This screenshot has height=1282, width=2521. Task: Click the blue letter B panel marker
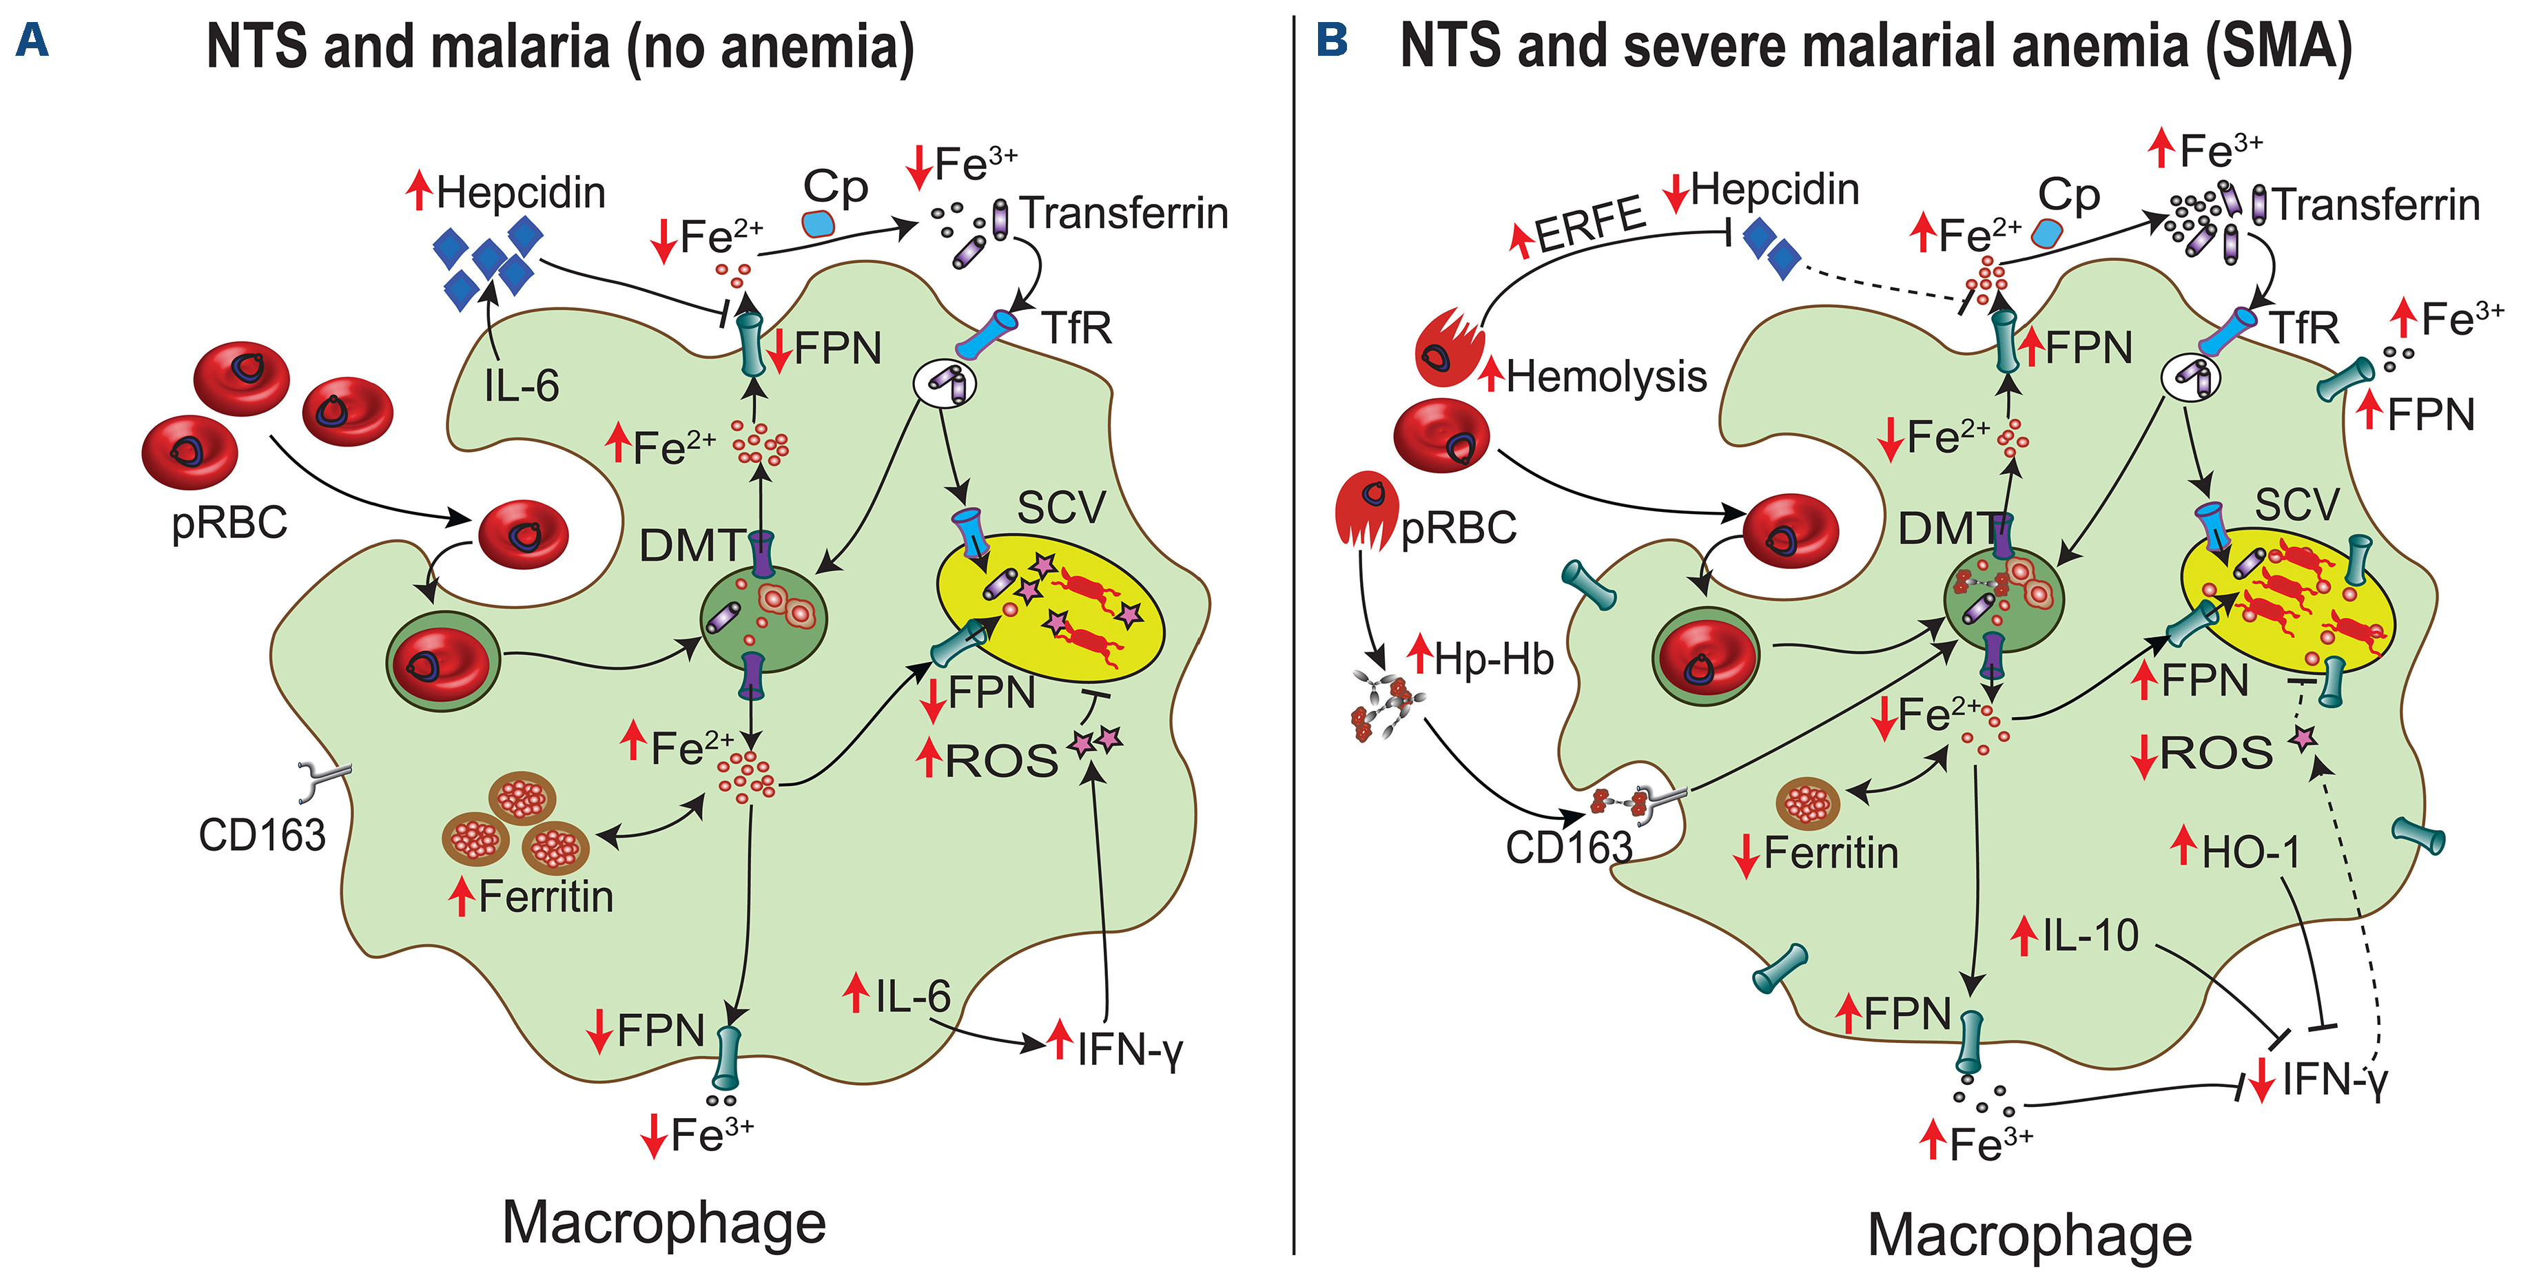pos(1332,40)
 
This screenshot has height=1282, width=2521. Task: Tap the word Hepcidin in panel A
pos(521,193)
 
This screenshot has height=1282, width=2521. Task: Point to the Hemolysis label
pos(1606,377)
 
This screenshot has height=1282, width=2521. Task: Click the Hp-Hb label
pos(1494,661)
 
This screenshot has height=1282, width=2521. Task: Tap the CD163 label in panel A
pos(261,836)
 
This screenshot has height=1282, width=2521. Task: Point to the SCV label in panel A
pos(1061,508)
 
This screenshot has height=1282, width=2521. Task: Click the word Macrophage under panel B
pos(2029,1235)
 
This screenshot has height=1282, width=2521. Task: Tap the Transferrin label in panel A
pos(1124,214)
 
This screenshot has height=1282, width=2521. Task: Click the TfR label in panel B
pos(2304,328)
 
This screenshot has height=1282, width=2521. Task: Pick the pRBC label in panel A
pos(229,524)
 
